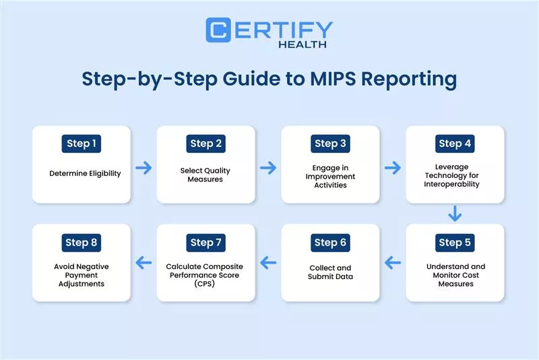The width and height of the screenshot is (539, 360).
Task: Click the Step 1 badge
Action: (x=82, y=144)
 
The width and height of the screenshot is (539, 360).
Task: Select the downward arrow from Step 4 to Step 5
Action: (x=455, y=214)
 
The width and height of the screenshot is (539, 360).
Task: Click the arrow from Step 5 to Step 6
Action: (x=392, y=262)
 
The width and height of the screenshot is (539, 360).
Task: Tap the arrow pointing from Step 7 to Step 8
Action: (x=144, y=262)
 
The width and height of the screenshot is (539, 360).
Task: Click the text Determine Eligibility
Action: (x=85, y=173)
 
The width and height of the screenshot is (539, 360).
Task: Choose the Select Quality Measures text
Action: (x=206, y=174)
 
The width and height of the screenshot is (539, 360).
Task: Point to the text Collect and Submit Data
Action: (x=330, y=272)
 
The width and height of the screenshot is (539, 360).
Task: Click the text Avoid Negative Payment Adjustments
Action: (x=82, y=275)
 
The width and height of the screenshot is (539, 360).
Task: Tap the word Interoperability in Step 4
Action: (x=455, y=184)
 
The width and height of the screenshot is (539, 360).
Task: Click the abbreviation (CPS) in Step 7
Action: (x=206, y=284)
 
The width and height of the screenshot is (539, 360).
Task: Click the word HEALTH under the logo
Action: (x=303, y=44)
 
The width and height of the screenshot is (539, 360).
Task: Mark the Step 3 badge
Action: (x=330, y=144)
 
